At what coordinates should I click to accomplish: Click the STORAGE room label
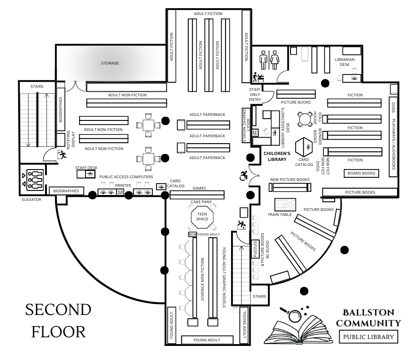tap(110, 63)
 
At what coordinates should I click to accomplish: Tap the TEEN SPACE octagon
tap(202, 216)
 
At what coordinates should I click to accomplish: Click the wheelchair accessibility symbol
tap(244, 175)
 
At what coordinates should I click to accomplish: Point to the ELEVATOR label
tap(31, 200)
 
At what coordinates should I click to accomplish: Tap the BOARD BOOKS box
tap(362, 173)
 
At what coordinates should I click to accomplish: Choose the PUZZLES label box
tap(256, 249)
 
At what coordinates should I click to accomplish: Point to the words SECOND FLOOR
tap(58, 320)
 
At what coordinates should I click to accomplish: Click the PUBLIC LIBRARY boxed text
tap(368, 337)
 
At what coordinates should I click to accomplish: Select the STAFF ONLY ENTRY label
tap(255, 95)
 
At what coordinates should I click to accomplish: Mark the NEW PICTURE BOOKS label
tap(290, 180)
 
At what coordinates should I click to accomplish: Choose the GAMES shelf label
tap(200, 188)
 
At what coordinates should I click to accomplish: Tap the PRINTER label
tap(123, 186)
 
